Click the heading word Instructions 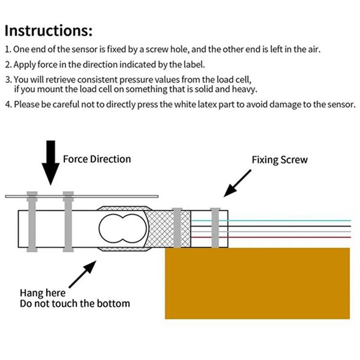pos(48,31)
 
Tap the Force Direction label pos(97,159)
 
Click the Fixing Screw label pos(279,160)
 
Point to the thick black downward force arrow pos(50,162)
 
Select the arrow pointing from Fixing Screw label pos(238,183)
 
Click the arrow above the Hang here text pos(83,274)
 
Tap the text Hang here pos(43,293)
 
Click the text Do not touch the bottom pos(75,303)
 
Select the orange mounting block pos(257,283)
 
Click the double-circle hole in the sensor pos(122,229)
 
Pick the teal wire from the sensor pos(271,220)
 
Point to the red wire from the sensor pos(271,237)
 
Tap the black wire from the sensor pos(271,226)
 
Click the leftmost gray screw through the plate pos(32,221)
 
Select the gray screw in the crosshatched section pos(177,228)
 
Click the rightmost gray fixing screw pos(215,228)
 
